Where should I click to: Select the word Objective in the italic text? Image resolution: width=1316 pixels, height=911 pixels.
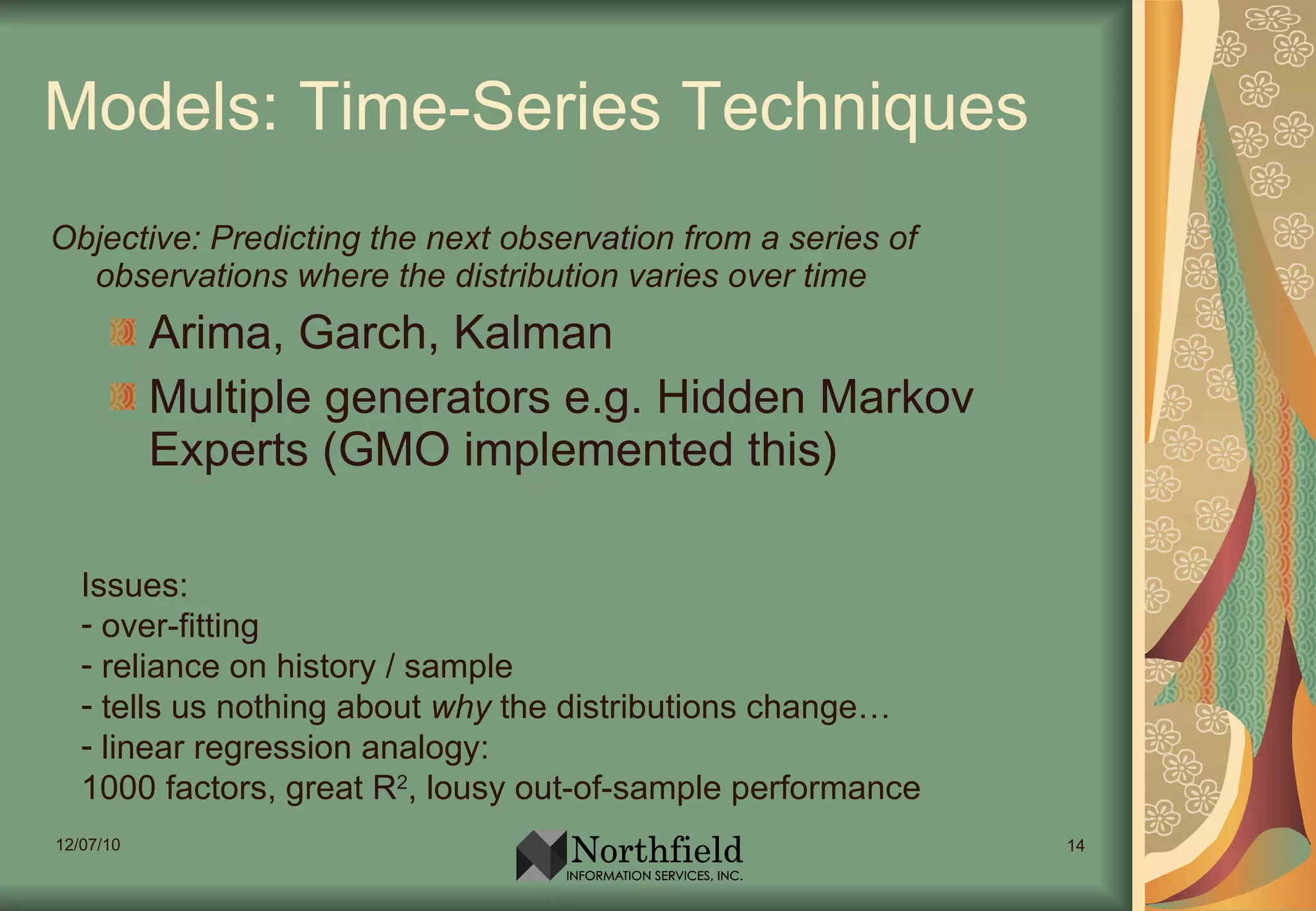click(x=126, y=239)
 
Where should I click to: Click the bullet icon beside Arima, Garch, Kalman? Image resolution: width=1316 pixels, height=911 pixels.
click(x=123, y=332)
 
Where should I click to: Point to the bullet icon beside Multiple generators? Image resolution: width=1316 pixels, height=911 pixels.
click(x=123, y=396)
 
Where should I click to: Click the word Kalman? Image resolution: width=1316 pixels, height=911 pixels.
click(x=533, y=333)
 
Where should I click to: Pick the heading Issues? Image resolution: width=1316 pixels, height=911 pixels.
click(x=135, y=585)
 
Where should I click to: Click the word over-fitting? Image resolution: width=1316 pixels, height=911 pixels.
click(x=180, y=626)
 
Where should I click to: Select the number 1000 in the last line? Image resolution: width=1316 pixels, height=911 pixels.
click(x=119, y=788)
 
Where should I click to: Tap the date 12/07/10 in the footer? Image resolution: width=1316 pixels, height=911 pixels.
click(x=88, y=845)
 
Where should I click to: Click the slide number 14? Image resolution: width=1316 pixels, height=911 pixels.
click(x=1076, y=845)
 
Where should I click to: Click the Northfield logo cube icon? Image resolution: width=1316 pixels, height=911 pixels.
click(x=541, y=855)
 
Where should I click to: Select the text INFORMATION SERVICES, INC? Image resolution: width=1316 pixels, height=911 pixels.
click(x=654, y=876)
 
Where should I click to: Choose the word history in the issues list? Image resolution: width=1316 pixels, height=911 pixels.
click(x=326, y=667)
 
